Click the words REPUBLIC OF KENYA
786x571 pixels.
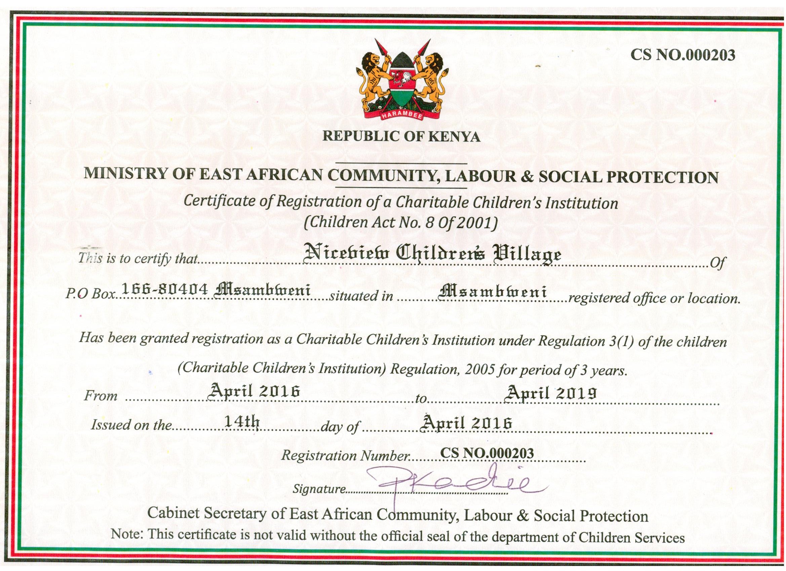pyautogui.click(x=401, y=136)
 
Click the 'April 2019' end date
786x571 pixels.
pyautogui.click(x=551, y=393)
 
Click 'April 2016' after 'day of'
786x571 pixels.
pyautogui.click(x=466, y=423)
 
